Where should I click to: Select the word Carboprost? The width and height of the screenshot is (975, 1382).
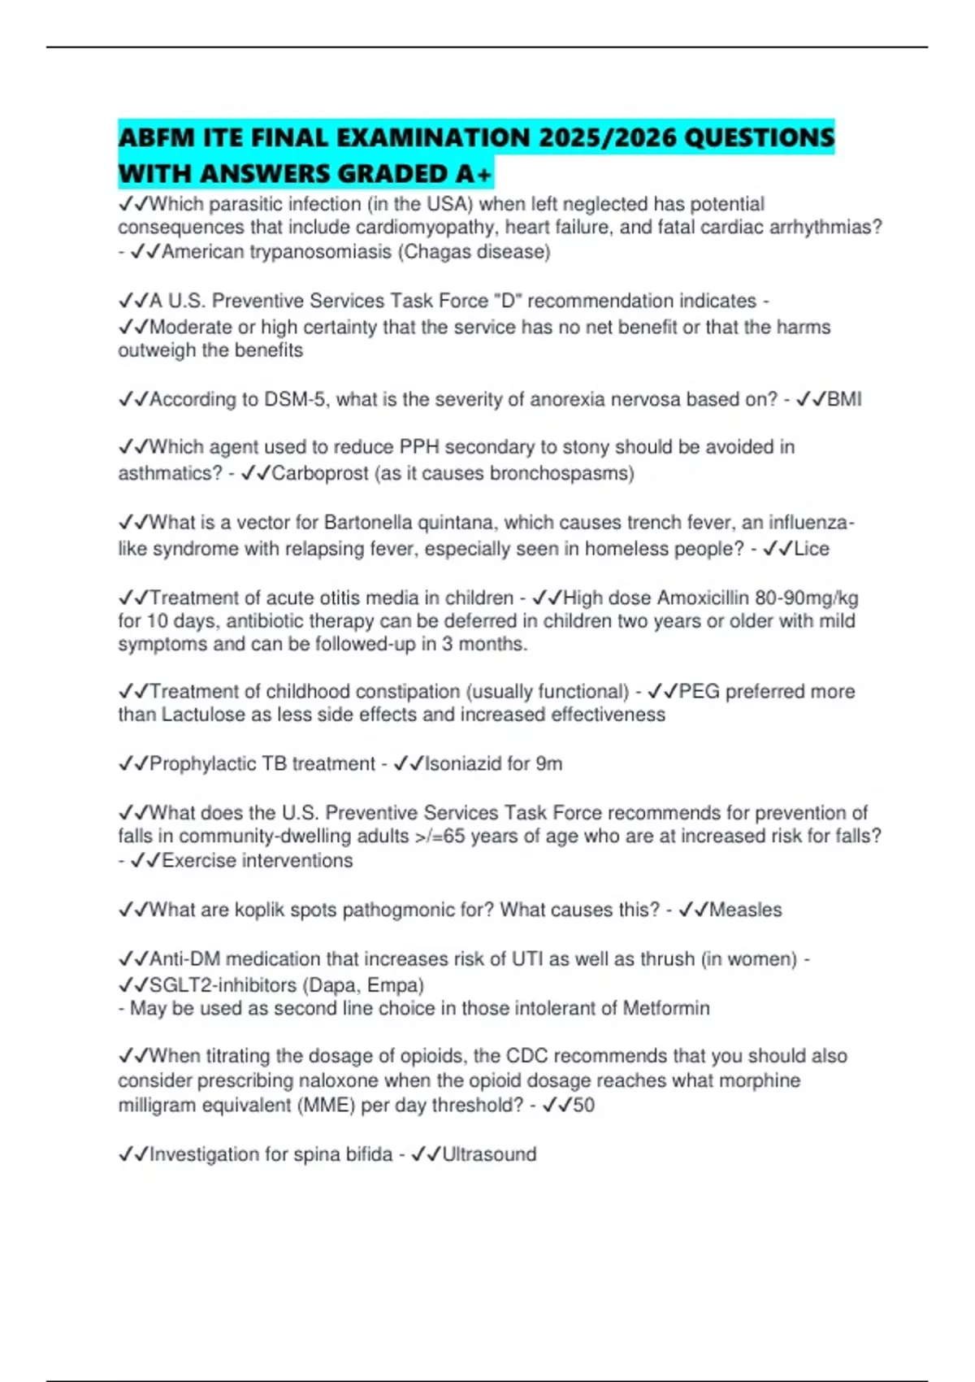319,473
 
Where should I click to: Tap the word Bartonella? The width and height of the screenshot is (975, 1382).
369,522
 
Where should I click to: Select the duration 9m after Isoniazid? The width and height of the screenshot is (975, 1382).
548,764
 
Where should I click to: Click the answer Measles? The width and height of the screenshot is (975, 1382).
745,910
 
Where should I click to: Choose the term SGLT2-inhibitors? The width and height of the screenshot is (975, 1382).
223,985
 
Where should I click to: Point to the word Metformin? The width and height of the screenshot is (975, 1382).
666,1009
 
